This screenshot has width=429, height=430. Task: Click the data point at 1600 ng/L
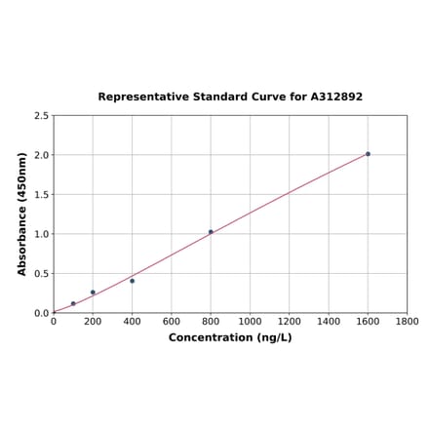click(x=368, y=154)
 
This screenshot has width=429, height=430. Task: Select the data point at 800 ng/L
click(x=211, y=232)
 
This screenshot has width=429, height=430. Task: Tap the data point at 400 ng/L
click(x=133, y=281)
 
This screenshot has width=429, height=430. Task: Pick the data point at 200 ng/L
click(x=93, y=293)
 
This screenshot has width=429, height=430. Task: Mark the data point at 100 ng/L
click(x=73, y=303)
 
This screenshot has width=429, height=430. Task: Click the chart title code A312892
click(x=336, y=98)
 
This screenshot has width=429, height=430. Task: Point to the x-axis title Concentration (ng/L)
click(x=230, y=338)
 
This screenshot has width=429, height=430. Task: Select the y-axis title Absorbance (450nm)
click(x=22, y=214)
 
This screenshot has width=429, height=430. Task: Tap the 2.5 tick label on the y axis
click(x=41, y=116)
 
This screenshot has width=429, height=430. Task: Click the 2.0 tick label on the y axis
click(x=41, y=155)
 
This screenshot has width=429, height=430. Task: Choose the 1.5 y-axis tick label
click(x=41, y=195)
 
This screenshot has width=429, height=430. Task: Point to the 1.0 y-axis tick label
click(x=41, y=234)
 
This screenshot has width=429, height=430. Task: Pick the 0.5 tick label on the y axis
click(x=41, y=274)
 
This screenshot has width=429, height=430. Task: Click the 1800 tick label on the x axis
click(x=408, y=321)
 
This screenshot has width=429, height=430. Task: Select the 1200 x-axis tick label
click(x=290, y=321)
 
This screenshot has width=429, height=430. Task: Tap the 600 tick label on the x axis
click(x=172, y=321)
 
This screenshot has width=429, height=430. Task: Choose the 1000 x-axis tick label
click(x=250, y=321)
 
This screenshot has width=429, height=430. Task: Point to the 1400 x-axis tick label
click(x=329, y=321)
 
